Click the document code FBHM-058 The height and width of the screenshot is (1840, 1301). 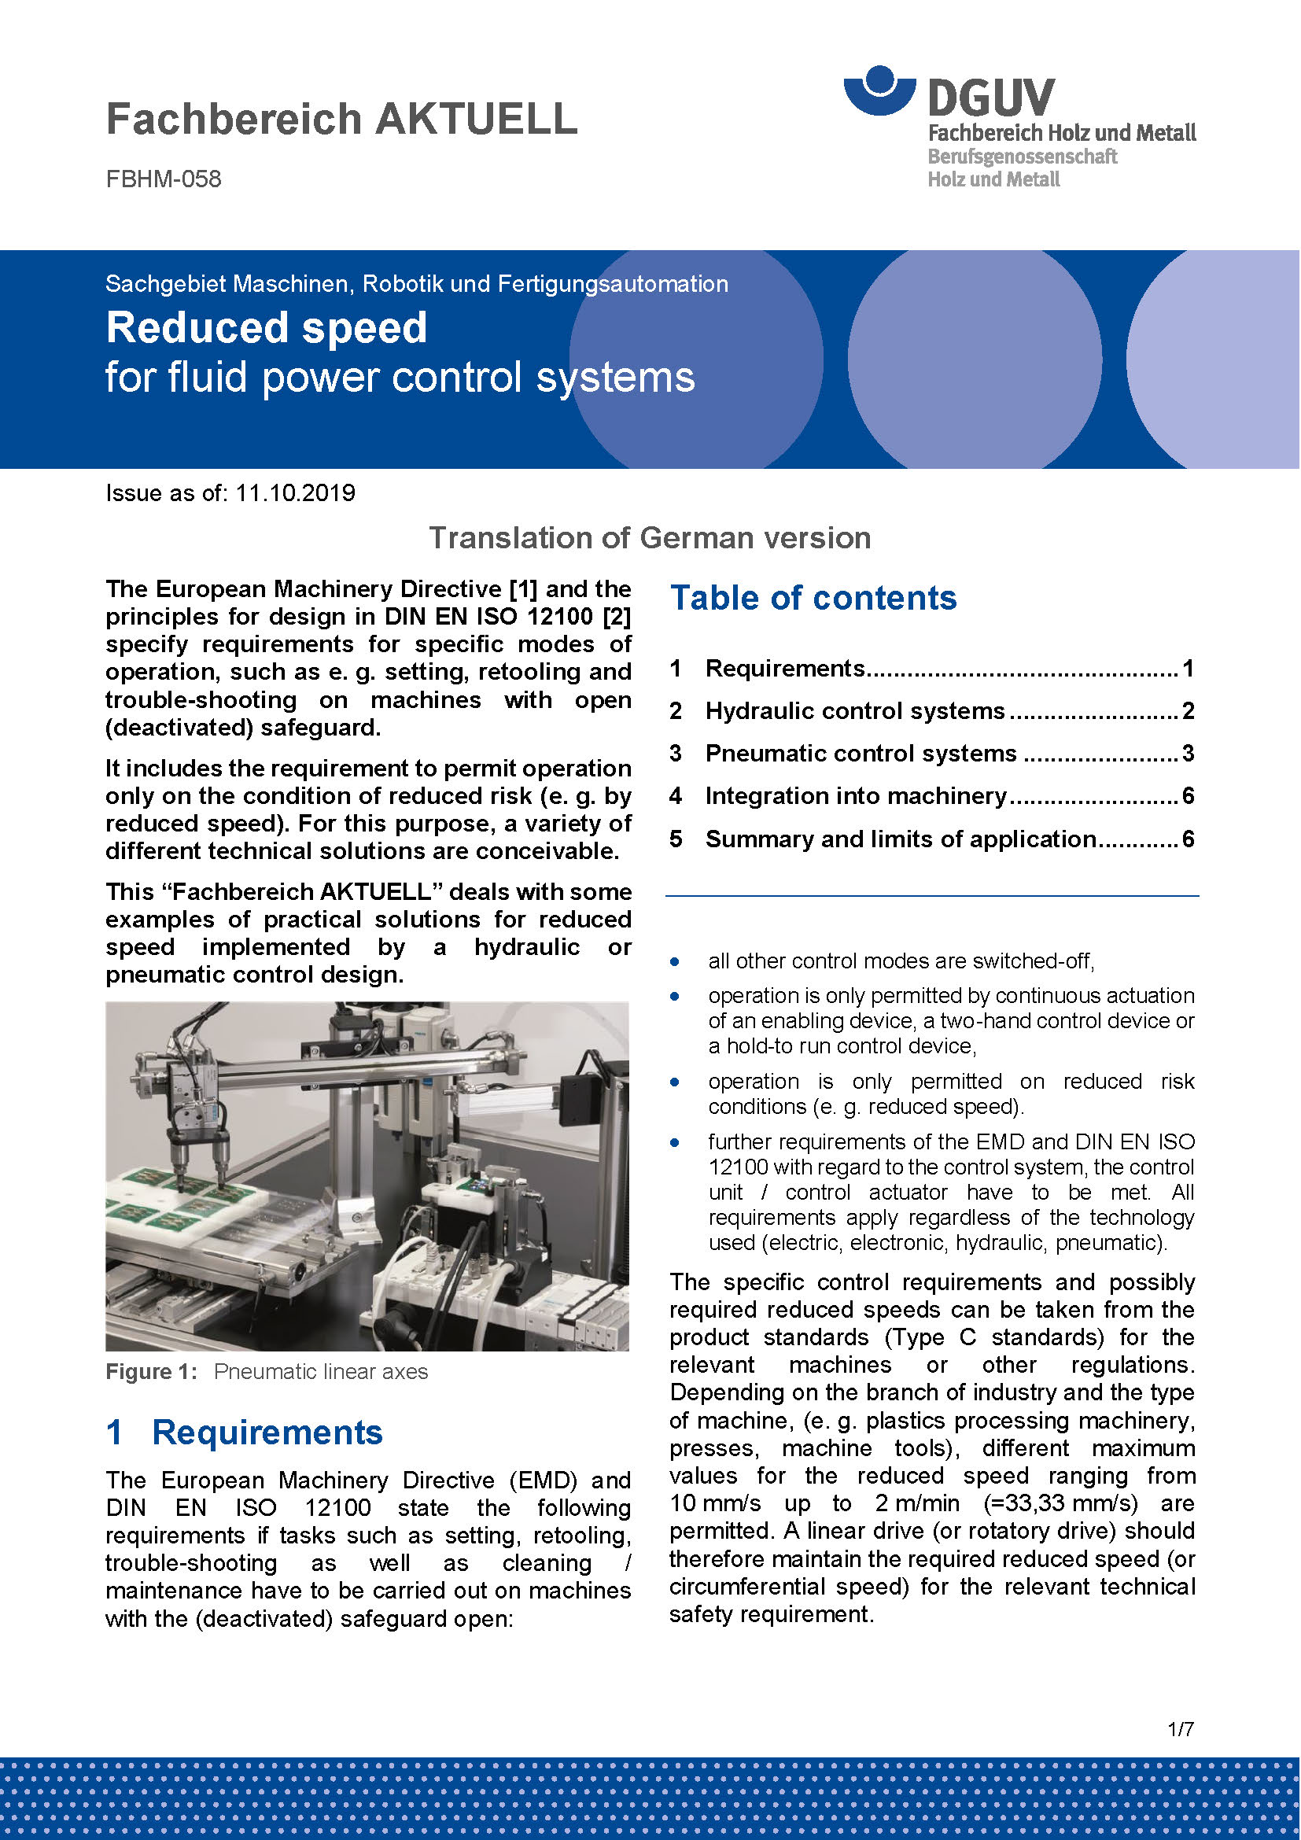click(x=164, y=179)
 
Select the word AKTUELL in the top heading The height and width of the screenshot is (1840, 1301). click(x=477, y=119)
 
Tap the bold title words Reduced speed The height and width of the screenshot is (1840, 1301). click(x=267, y=328)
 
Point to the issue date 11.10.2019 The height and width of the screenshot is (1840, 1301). click(x=295, y=493)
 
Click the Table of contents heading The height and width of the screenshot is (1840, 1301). click(x=813, y=598)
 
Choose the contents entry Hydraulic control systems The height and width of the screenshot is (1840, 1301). click(x=855, y=711)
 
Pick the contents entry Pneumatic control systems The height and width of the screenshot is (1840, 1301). click(x=861, y=754)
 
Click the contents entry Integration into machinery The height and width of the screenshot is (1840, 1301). click(x=856, y=796)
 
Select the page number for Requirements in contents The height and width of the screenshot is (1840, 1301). click(x=1188, y=669)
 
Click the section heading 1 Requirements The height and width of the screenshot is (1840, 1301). click(x=245, y=1433)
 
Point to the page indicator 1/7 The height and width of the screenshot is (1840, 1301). click(x=1181, y=1752)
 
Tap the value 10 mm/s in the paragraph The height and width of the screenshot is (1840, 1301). click(x=714, y=1503)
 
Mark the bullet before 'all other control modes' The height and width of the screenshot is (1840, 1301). click(x=676, y=961)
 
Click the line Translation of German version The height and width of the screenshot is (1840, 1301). click(x=650, y=538)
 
